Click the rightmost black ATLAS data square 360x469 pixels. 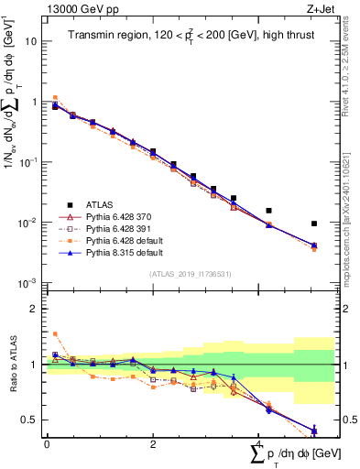tap(314, 224)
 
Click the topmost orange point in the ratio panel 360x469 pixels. tap(55, 334)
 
